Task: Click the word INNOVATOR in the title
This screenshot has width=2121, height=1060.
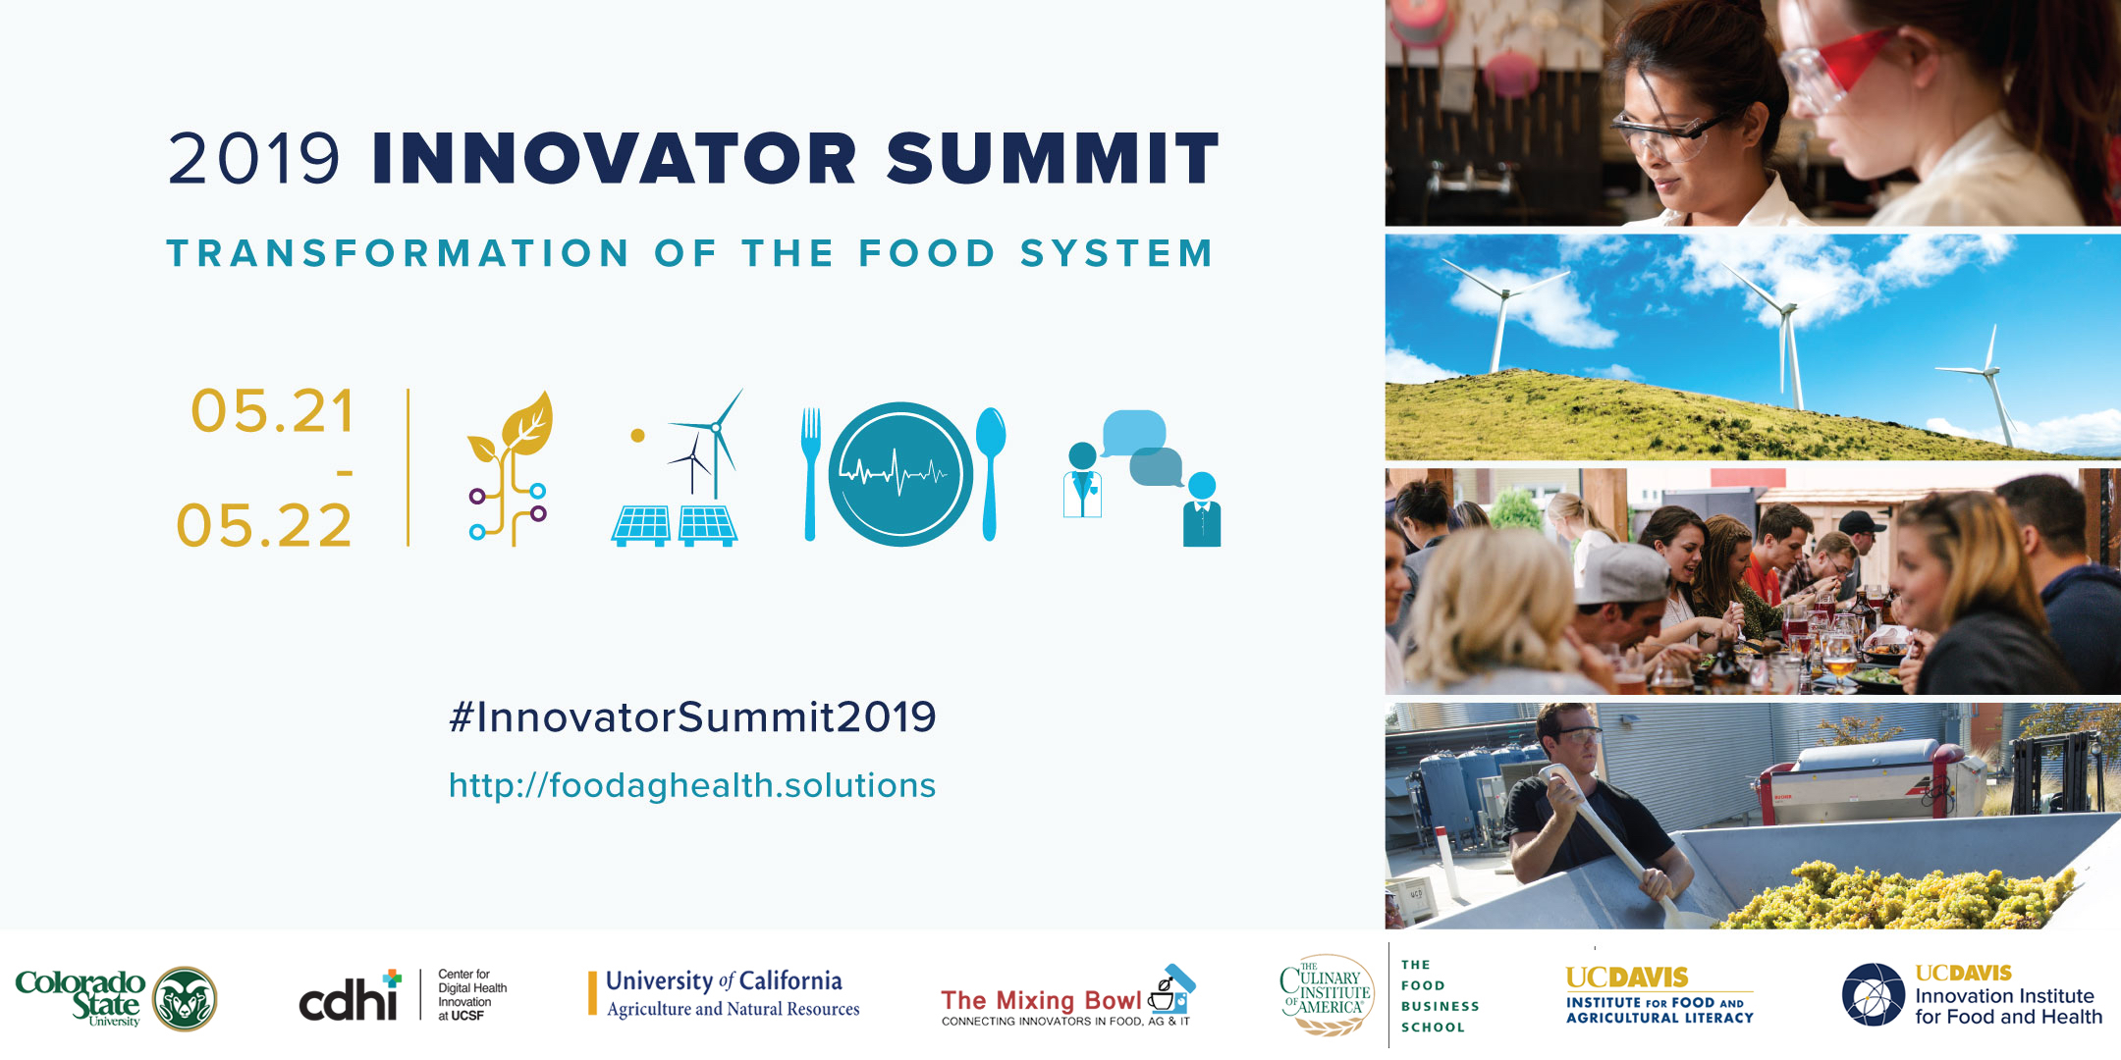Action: pos(615,158)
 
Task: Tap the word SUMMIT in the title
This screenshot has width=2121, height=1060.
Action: pos(1053,158)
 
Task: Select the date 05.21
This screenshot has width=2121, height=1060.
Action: pos(272,410)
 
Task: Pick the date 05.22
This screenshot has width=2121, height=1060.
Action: pos(264,525)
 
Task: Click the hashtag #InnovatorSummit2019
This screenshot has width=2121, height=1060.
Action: pos(692,716)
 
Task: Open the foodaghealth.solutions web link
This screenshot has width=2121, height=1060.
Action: pos(692,785)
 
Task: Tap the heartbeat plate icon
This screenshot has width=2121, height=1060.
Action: pos(900,474)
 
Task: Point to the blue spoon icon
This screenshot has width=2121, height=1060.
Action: pos(991,473)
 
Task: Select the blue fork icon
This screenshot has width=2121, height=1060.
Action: pos(810,474)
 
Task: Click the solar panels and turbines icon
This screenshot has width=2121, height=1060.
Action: pos(676,468)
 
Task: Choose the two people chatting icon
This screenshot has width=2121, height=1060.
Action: pos(1142,478)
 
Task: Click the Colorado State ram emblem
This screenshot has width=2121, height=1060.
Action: pos(186,999)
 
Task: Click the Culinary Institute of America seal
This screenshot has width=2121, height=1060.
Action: pos(1327,995)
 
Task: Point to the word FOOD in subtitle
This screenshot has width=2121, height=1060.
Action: pos(928,253)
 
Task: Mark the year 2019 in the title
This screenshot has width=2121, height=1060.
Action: pos(253,158)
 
